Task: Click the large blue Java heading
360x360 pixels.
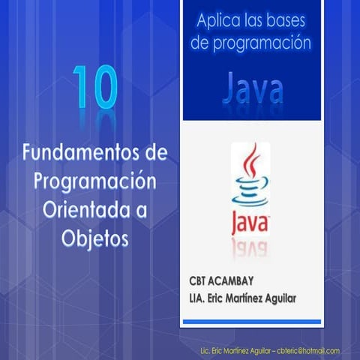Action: pos(253,88)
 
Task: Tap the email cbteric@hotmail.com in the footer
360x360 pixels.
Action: pos(307,350)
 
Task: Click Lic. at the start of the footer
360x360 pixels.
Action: pos(205,350)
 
